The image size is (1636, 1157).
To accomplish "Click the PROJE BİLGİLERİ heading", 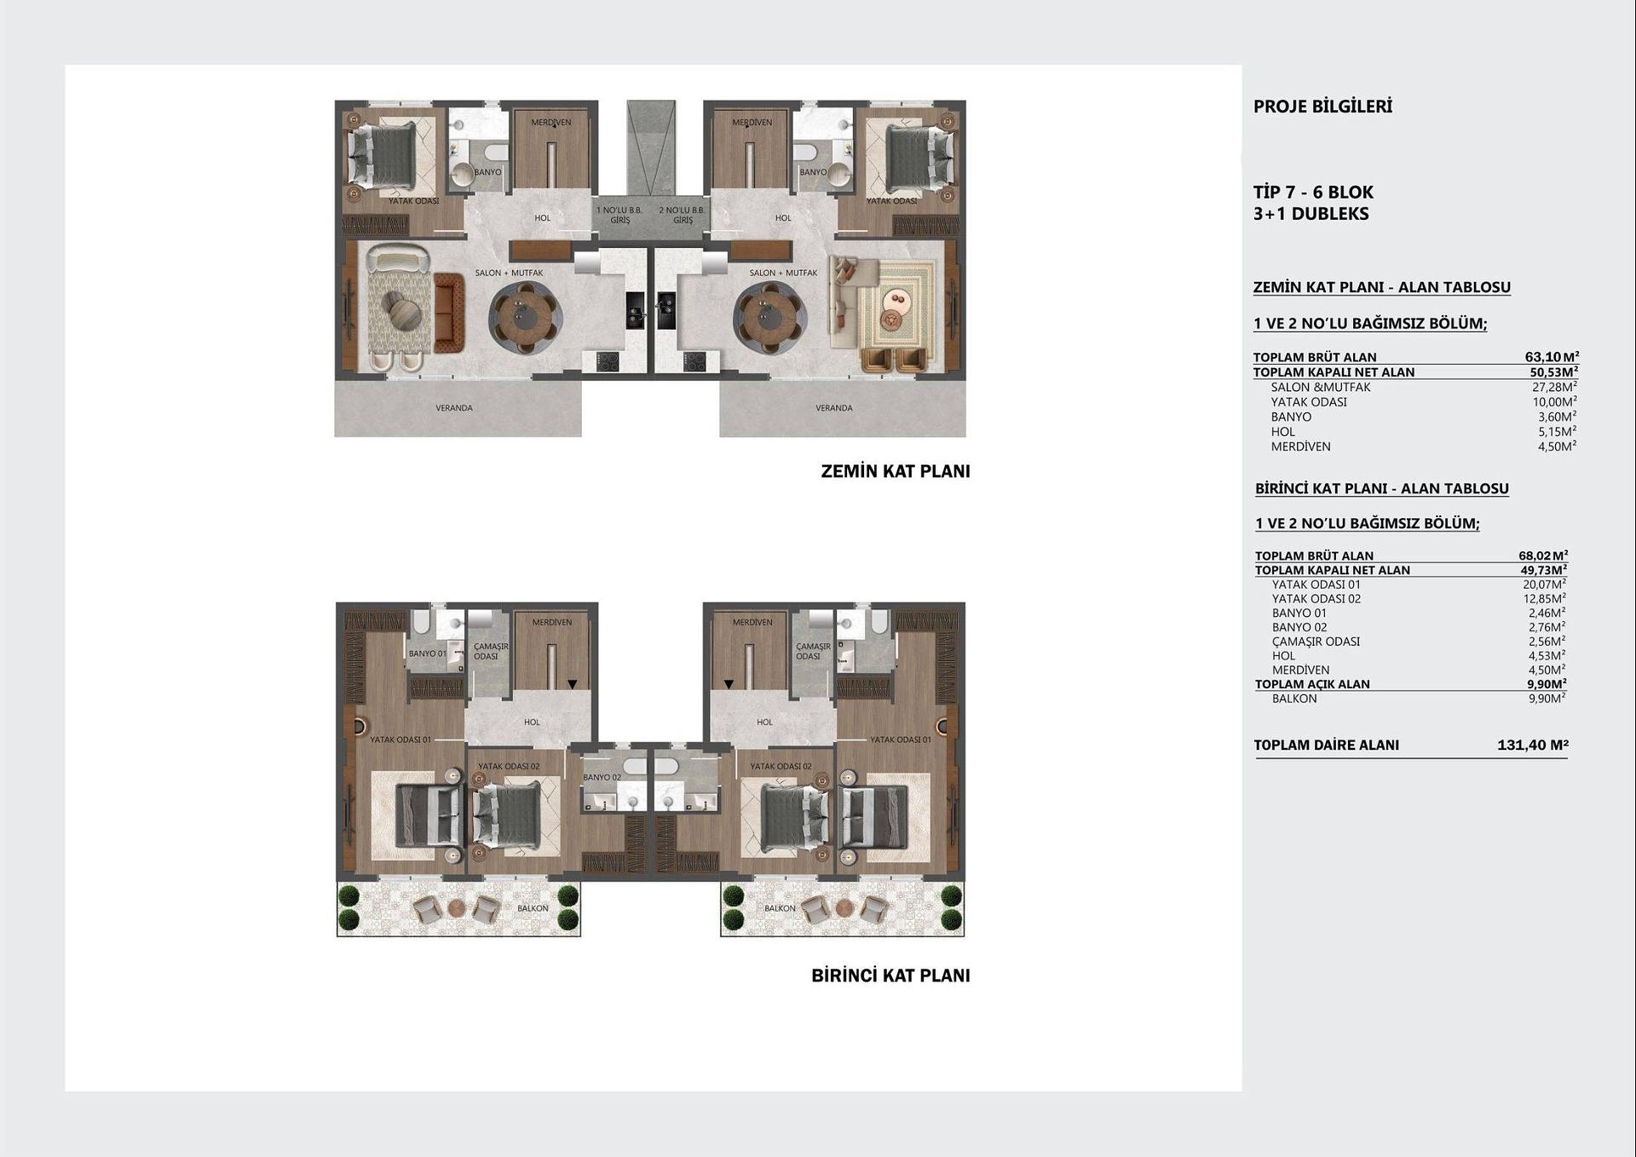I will (1322, 106).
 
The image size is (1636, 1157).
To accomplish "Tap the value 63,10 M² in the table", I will (1552, 357).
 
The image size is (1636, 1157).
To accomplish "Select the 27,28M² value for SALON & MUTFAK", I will (1554, 387).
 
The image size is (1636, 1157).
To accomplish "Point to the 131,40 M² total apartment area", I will (1532, 745).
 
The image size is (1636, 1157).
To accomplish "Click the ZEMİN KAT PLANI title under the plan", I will (895, 471).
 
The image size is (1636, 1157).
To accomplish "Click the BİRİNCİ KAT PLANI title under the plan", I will (890, 976).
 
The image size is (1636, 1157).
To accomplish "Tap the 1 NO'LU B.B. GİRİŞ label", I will (619, 215).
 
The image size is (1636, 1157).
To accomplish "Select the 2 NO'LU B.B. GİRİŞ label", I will (682, 215).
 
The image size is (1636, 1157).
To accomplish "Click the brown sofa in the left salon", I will (448, 313).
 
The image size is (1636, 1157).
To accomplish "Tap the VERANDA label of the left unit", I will (454, 408).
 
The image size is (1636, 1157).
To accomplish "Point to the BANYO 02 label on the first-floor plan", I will (602, 777).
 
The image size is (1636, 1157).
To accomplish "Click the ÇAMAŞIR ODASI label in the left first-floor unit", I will (491, 651).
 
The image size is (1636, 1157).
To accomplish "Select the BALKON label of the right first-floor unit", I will (780, 908).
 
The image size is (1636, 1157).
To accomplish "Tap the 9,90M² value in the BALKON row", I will (1547, 699).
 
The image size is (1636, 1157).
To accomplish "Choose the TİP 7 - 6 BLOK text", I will (1313, 193).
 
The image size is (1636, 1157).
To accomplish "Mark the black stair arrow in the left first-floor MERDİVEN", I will (573, 684).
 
